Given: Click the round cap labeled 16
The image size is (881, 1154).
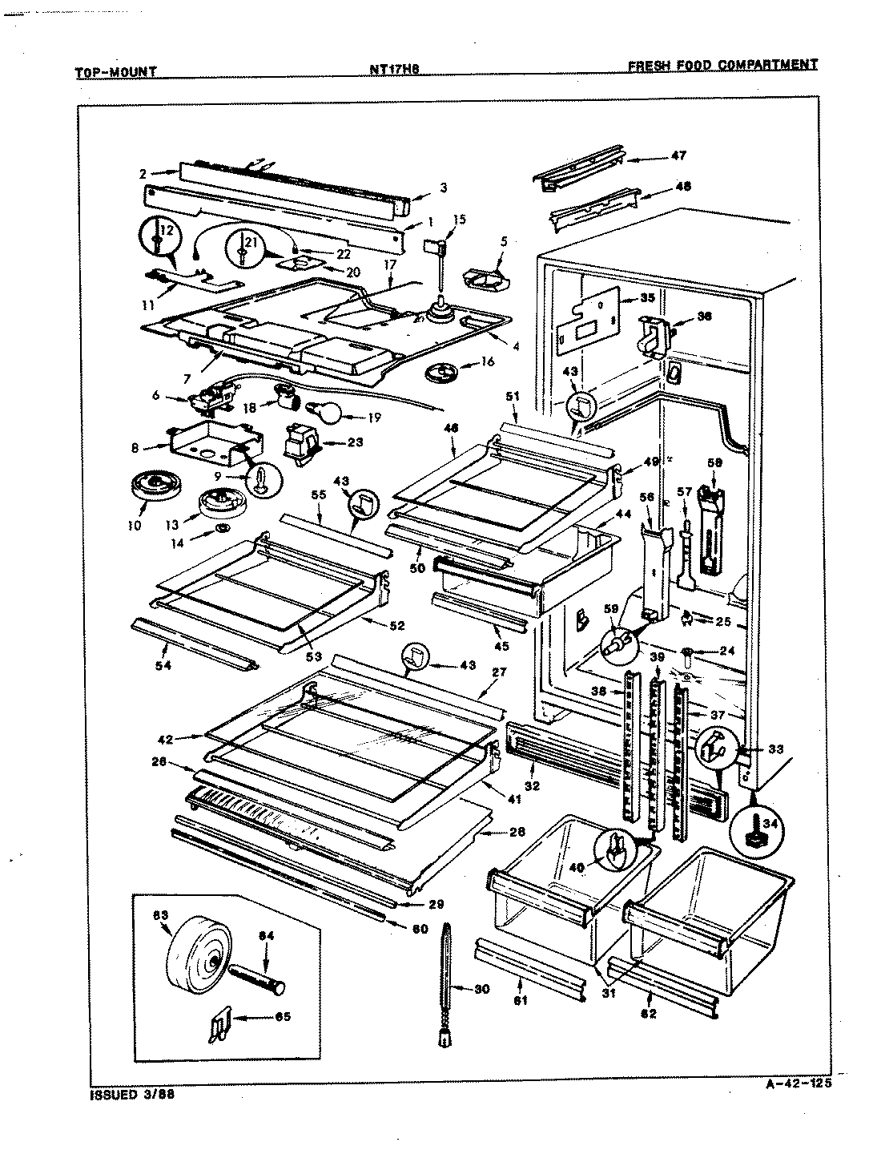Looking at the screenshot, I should pyautogui.click(x=440, y=372).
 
